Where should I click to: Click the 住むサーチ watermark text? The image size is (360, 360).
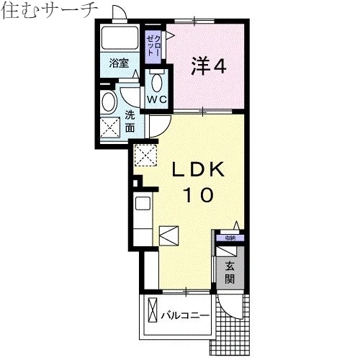click(48, 11)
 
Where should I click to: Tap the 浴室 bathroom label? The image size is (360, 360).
click(119, 63)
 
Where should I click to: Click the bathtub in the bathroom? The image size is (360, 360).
click(120, 38)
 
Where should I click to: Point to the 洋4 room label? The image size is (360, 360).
click(209, 66)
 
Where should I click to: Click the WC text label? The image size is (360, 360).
click(158, 98)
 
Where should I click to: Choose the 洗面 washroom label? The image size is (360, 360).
click(130, 121)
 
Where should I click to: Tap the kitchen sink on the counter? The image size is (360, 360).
click(142, 203)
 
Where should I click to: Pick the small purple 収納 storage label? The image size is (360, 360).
click(229, 238)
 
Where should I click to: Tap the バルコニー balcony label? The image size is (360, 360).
click(185, 315)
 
